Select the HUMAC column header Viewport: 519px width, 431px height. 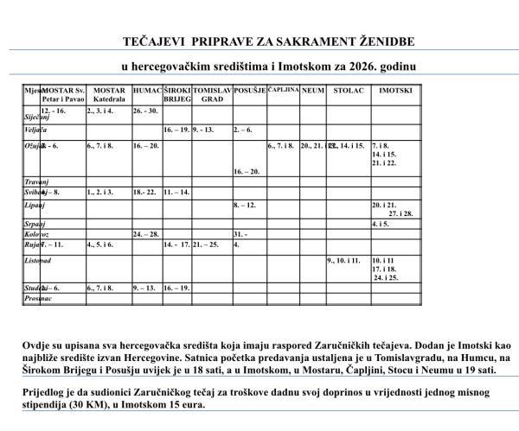(x=147, y=90)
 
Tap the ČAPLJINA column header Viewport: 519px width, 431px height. (x=283, y=89)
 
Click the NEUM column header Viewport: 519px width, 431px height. (x=312, y=90)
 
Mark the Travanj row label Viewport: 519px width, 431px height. (x=35, y=181)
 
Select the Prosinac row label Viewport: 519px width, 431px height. (x=37, y=298)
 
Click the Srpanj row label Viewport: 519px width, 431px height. (x=35, y=224)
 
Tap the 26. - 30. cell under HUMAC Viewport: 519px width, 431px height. (x=146, y=111)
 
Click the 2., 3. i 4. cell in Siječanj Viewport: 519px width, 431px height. (x=100, y=111)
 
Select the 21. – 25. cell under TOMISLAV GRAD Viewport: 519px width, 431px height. (x=205, y=244)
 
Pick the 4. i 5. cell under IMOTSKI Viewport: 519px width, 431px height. (x=381, y=224)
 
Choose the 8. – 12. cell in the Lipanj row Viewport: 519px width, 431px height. (x=246, y=205)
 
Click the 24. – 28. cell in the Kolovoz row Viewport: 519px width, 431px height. (x=146, y=234)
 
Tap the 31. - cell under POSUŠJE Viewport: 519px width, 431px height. (x=240, y=234)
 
